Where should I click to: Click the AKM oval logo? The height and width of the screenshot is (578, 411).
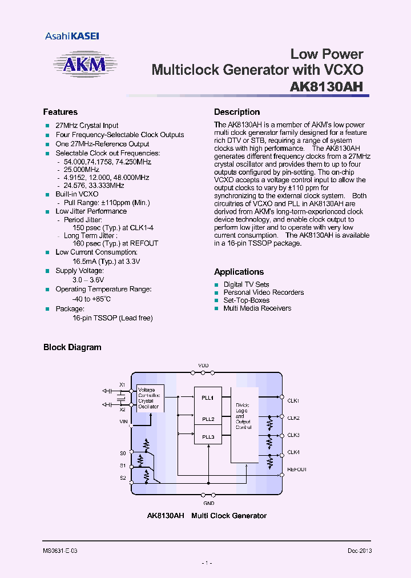83,64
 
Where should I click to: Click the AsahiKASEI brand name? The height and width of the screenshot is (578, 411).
72,36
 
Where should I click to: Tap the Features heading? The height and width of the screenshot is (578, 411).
60,112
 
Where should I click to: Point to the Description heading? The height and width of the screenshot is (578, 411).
237,112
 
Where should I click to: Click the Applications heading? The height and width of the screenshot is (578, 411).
239,272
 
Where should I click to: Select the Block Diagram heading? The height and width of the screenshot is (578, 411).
72,347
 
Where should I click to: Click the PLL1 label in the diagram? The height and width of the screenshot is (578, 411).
207,398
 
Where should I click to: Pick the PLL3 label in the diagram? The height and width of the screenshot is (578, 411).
207,437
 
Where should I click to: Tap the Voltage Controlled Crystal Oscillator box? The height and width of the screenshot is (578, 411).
150,398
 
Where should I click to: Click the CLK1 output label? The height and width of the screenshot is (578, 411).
293,401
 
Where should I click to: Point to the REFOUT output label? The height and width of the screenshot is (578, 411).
296,469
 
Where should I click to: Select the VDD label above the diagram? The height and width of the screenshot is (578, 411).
203,366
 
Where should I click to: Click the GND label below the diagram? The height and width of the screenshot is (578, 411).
209,503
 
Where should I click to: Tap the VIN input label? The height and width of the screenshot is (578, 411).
123,422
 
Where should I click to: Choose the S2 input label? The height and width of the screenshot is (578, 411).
123,477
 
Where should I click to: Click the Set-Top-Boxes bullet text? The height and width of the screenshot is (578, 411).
246,300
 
